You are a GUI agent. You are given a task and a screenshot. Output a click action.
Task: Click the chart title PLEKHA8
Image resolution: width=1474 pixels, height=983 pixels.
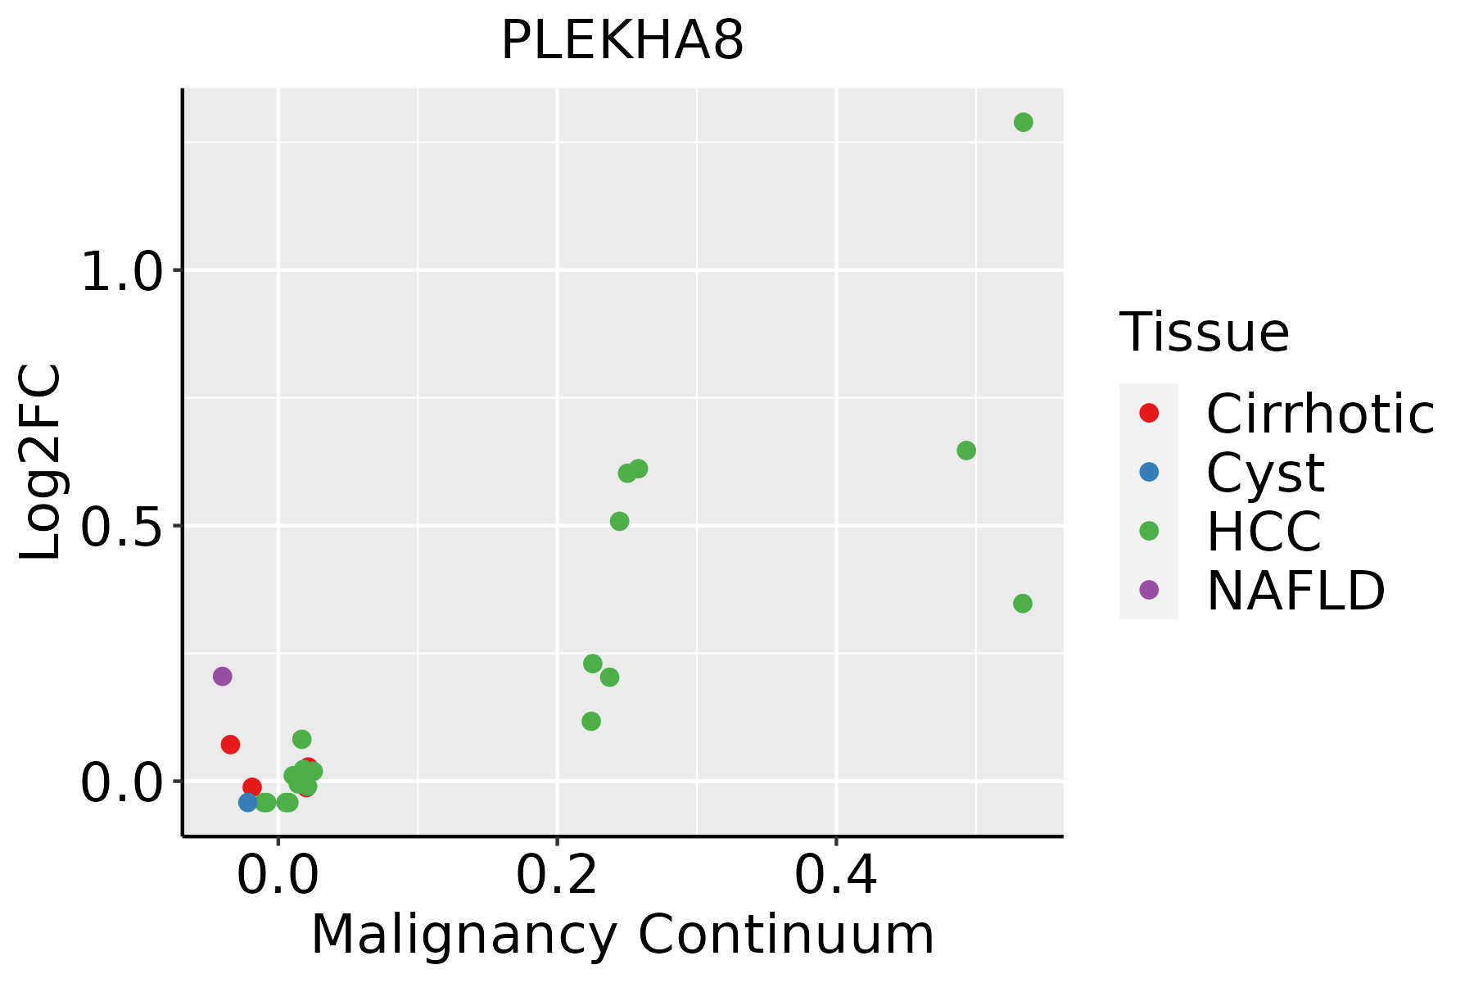(x=622, y=41)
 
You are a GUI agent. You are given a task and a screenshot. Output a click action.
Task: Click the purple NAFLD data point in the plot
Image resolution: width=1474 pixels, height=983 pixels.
(x=222, y=677)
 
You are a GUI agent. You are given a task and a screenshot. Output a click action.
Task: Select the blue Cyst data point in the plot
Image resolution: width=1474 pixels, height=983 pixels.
(x=248, y=802)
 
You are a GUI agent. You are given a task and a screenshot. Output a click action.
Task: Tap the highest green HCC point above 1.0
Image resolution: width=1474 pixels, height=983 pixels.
(x=1023, y=123)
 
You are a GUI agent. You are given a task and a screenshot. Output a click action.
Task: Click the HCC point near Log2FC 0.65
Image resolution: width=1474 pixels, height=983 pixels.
(x=966, y=451)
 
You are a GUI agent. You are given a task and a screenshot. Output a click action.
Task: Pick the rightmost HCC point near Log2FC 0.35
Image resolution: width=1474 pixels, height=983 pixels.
(x=1022, y=604)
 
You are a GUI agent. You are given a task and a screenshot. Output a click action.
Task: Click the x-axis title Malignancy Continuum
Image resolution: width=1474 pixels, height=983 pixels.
(x=622, y=935)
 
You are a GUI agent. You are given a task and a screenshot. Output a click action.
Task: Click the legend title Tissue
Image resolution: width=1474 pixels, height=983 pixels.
(x=1204, y=333)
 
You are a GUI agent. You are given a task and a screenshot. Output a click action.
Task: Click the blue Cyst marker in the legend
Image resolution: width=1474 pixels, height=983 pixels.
(x=1149, y=472)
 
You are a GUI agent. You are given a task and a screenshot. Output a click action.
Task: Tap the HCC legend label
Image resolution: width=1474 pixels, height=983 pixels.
(x=1264, y=532)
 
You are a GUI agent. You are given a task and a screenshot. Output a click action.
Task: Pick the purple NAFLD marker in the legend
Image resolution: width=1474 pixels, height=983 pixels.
(x=1149, y=589)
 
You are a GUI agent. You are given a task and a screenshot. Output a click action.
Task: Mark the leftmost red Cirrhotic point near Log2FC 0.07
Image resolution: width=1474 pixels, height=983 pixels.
(x=230, y=745)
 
